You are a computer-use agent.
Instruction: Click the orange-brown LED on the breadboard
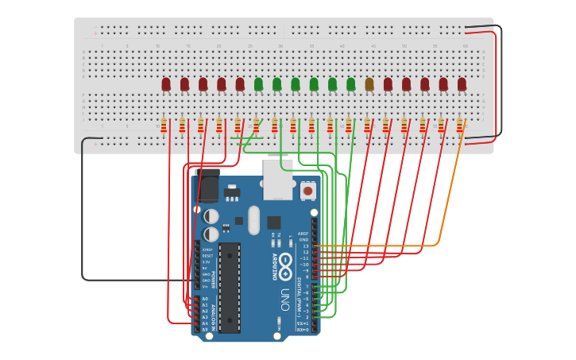tap(369, 83)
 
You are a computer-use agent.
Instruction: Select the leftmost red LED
tap(166, 83)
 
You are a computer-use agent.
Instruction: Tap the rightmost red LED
tap(462, 83)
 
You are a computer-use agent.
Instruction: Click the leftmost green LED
tap(258, 83)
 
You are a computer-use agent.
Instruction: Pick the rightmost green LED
tap(350, 83)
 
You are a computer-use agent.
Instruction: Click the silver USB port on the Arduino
tap(278, 181)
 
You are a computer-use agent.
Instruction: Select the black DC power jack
tap(207, 186)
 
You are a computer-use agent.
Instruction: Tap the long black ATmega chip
tap(230, 287)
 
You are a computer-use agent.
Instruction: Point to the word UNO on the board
tap(284, 300)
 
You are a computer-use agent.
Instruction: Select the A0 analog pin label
tap(205, 299)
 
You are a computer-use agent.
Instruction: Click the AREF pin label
tap(303, 234)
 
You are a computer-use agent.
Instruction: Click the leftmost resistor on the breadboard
tap(164, 126)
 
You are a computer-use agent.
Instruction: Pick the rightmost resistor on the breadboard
tap(459, 125)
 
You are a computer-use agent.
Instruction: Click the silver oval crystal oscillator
tap(253, 220)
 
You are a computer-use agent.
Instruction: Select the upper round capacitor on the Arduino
tap(211, 216)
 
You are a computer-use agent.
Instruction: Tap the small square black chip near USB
tap(274, 223)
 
